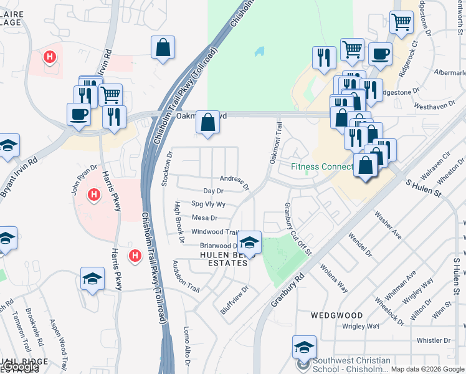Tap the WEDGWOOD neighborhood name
point(336,315)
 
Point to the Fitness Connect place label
point(322,166)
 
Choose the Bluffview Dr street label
point(235,299)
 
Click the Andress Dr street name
point(234,181)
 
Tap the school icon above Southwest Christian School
point(304,347)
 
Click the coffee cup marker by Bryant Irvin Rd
point(78,115)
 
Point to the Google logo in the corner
point(20,367)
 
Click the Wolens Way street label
point(333,278)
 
